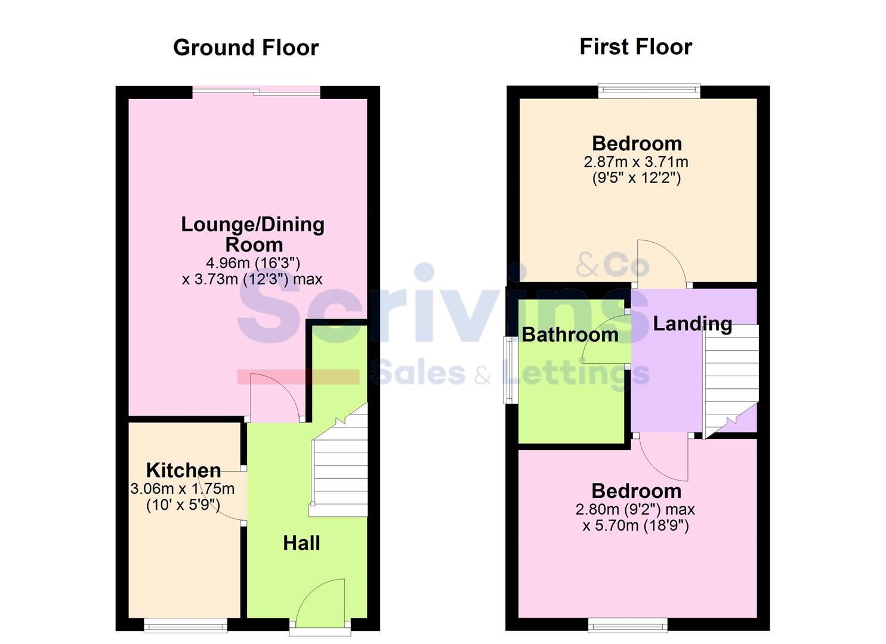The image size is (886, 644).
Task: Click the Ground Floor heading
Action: click(246, 48)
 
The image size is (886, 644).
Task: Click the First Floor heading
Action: click(635, 47)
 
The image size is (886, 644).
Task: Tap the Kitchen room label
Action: click(183, 470)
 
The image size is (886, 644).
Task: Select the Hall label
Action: click(301, 543)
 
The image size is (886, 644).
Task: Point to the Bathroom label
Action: click(570, 335)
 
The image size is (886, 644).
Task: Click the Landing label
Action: click(692, 324)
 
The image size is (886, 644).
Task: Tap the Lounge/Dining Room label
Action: click(253, 234)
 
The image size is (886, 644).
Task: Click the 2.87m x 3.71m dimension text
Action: click(635, 162)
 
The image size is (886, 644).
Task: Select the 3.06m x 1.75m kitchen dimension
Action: click(183, 489)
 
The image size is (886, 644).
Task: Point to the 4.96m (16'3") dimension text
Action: click(253, 262)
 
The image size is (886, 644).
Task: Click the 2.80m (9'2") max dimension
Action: click(635, 509)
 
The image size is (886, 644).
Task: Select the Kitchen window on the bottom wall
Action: click(186, 625)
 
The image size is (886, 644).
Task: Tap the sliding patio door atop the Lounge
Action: click(257, 92)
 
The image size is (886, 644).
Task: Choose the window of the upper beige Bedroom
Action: click(649, 91)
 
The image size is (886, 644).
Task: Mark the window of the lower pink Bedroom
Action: click(628, 625)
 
